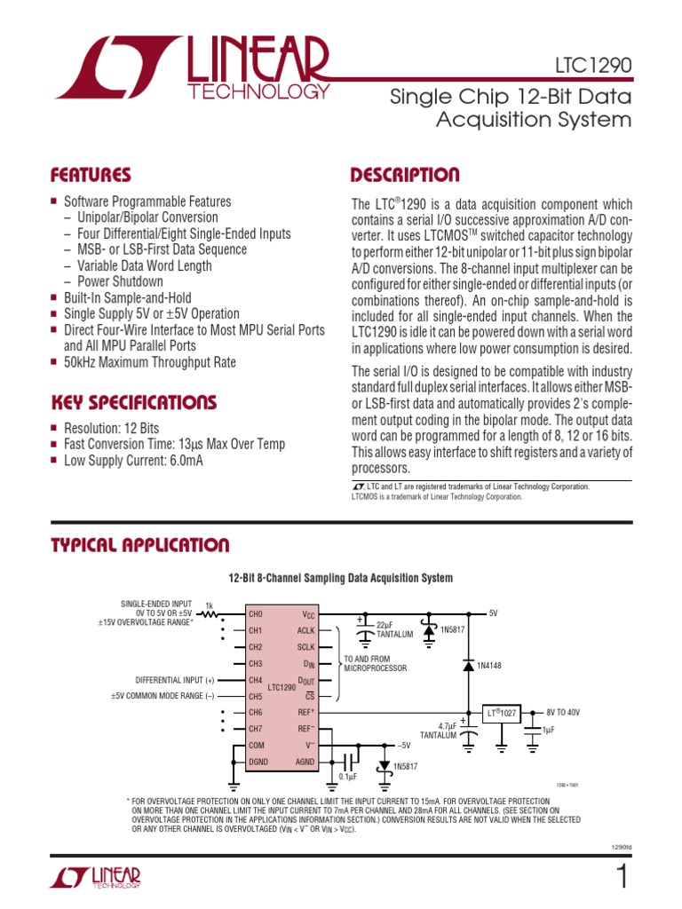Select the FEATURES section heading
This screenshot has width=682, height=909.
(91, 175)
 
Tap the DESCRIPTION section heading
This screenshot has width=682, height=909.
(405, 175)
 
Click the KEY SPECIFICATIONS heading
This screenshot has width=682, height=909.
(133, 402)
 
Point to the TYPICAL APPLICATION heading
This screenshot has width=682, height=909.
(139, 545)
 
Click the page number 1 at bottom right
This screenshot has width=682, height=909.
(622, 876)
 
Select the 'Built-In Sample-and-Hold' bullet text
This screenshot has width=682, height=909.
(127, 297)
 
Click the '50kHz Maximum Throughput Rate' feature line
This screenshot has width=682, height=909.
(150, 361)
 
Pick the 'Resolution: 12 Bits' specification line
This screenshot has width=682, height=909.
(112, 428)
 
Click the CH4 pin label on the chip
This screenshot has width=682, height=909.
(256, 680)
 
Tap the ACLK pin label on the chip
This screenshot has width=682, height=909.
(306, 630)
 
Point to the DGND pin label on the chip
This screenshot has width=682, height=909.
(258, 762)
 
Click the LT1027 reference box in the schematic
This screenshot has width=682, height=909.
(501, 713)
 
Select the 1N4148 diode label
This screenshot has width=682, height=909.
(490, 665)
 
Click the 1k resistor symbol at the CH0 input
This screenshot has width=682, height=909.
(210, 613)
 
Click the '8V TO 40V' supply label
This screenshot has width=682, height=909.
(564, 713)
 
